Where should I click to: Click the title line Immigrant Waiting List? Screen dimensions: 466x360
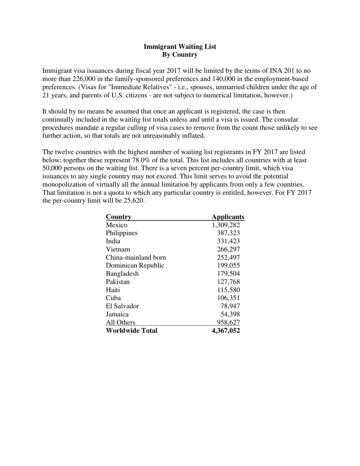[x=180, y=47]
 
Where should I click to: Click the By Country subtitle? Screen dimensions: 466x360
[x=180, y=55]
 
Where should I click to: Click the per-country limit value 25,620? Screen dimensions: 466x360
[x=133, y=201]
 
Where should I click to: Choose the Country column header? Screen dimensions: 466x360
[x=118, y=217]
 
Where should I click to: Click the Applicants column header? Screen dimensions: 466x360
[x=228, y=217]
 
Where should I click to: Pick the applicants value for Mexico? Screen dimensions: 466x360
[x=226, y=225]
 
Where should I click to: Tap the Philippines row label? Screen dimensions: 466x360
[x=122, y=233]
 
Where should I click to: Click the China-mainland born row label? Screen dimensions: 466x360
[x=136, y=258]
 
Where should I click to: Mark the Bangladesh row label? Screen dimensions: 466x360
[x=122, y=274]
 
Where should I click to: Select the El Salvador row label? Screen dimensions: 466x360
[x=122, y=306]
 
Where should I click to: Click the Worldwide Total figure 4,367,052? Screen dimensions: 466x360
[x=226, y=330]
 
